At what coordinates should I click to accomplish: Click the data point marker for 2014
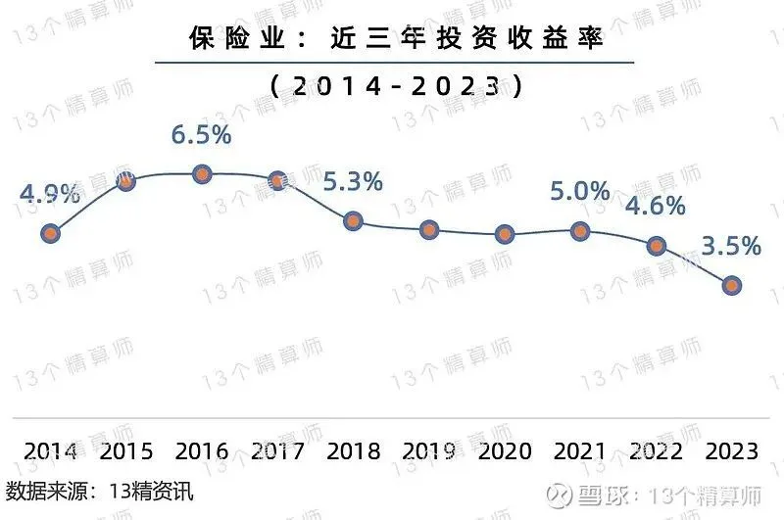(x=51, y=233)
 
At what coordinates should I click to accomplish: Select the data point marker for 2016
(x=202, y=174)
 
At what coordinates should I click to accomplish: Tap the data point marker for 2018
(x=354, y=221)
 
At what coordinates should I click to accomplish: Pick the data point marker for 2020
(x=505, y=233)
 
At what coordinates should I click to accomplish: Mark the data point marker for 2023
(x=731, y=285)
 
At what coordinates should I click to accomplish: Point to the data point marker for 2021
(x=580, y=230)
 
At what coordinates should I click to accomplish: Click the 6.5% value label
(x=202, y=135)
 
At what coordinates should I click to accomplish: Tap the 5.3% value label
(x=353, y=181)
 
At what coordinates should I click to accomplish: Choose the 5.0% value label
(x=580, y=191)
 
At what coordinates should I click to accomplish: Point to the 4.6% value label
(x=656, y=207)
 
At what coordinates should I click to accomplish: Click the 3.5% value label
(x=731, y=246)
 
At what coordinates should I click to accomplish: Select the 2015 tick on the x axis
(x=126, y=451)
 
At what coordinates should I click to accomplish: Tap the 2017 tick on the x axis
(x=277, y=451)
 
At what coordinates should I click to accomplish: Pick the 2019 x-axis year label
(x=428, y=451)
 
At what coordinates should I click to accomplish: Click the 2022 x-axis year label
(x=656, y=451)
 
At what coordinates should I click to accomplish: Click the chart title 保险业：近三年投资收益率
(x=394, y=39)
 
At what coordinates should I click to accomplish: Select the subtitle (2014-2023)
(x=394, y=86)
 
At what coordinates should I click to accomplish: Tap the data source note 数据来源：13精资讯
(x=99, y=491)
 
